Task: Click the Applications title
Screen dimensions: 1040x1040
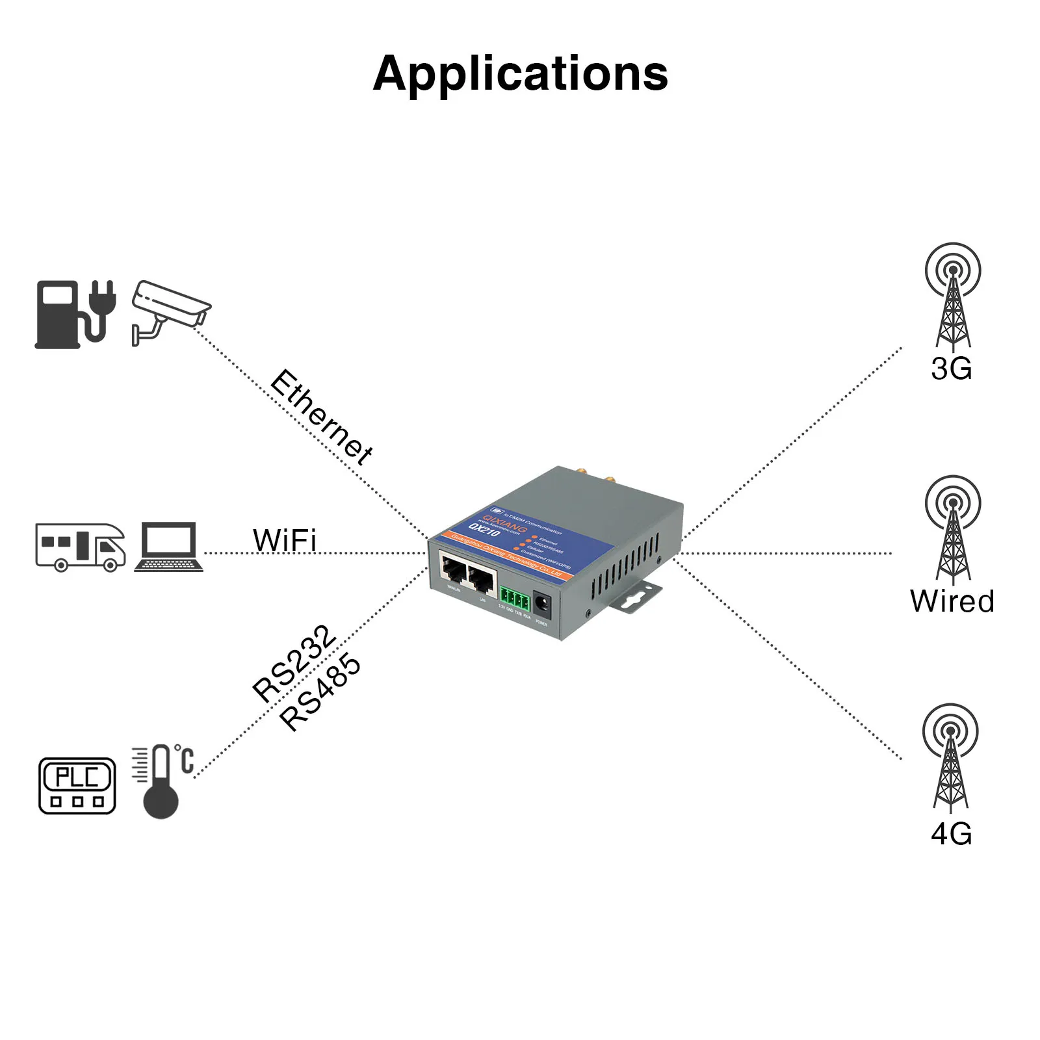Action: [520, 73]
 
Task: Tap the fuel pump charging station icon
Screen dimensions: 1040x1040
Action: [75, 314]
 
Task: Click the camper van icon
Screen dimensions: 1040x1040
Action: [81, 547]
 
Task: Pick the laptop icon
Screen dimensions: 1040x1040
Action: [168, 547]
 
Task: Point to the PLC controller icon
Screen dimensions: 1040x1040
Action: [77, 785]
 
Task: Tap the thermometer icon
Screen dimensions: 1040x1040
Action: [161, 782]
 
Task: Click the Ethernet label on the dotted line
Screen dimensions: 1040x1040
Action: [321, 417]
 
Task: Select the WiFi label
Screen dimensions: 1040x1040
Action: [284, 540]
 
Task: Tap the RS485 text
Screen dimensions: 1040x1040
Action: [320, 692]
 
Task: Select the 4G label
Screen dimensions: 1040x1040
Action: [951, 834]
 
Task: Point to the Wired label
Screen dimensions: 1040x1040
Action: [952, 601]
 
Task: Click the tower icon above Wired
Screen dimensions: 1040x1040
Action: [952, 528]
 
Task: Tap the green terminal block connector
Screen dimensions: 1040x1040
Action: [515, 599]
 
